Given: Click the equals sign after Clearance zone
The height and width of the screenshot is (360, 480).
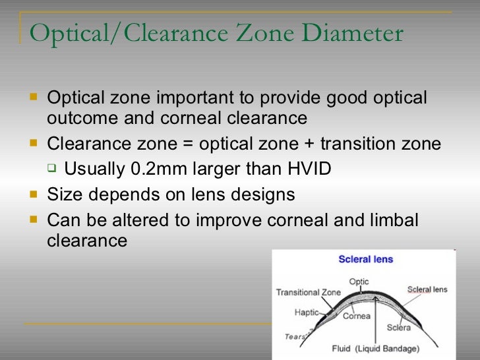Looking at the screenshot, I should coord(187,144).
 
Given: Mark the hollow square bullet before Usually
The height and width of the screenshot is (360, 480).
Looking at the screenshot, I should coord(51,169).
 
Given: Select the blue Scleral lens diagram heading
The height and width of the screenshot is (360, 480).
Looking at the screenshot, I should coord(365,259).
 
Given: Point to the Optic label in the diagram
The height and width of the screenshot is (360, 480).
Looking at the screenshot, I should coord(359,282).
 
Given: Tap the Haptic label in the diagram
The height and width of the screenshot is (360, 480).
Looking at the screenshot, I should coord(306,313).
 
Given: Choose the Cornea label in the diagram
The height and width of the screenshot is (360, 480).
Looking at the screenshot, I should coord(357,316).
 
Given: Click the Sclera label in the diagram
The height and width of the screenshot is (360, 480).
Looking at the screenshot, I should coord(398,327).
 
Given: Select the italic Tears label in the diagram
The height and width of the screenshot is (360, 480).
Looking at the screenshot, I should coord(295,336).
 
